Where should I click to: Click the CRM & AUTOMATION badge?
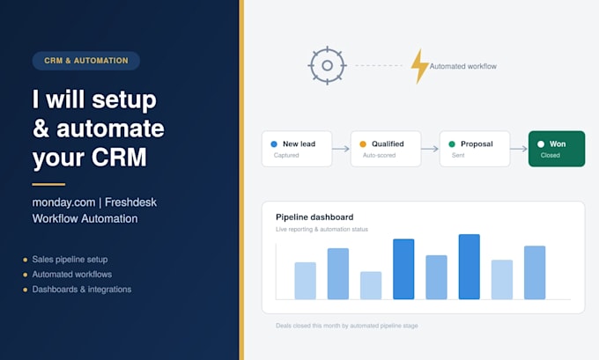pos(86,61)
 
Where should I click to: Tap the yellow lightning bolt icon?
pos(419,66)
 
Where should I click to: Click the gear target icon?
pos(328,66)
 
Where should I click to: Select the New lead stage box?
pos(297,149)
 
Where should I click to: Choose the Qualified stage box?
pos(386,149)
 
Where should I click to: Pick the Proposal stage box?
pos(475,149)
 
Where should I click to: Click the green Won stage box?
pos(557,149)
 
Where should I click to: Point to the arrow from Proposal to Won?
pos(519,149)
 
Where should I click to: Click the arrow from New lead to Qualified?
pos(341,149)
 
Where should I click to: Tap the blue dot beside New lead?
pos(274,144)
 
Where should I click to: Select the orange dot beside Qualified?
pos(363,144)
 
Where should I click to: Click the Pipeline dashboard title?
pos(314,217)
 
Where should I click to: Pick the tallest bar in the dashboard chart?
pos(470,267)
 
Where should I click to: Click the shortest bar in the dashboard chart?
pos(371,285)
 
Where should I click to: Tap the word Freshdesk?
pos(130,202)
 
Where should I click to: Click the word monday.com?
pos(63,202)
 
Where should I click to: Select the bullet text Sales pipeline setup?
pos(70,260)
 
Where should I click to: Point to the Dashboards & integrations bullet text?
pos(82,290)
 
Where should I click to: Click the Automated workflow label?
pos(463,66)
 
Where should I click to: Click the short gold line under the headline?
pos(48,184)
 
